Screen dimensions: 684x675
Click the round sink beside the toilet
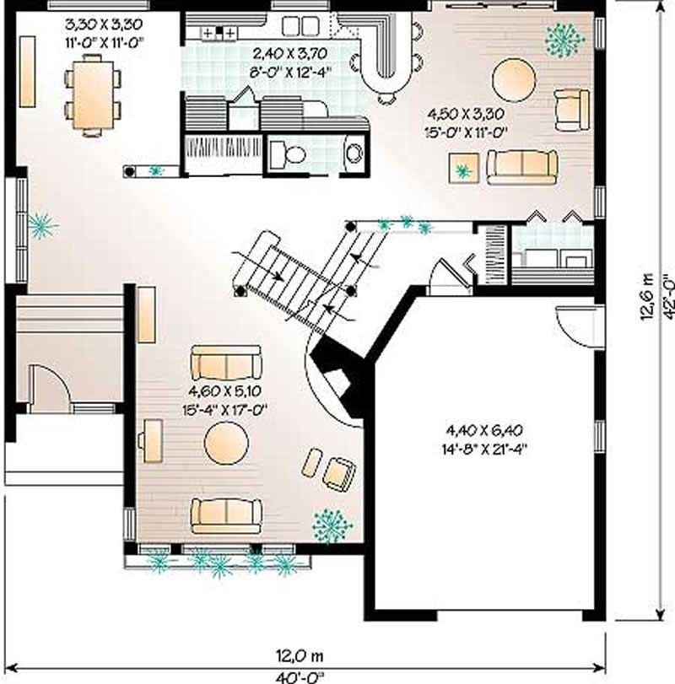[x=355, y=153]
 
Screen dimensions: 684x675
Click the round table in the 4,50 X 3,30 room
[x=513, y=79]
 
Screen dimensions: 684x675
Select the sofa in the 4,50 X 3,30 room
[x=521, y=166]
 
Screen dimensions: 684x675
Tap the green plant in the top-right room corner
[x=564, y=39]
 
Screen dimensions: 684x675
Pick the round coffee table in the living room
[x=226, y=441]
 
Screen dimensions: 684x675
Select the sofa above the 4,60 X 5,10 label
[x=225, y=363]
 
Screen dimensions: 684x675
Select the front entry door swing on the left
[x=42, y=384]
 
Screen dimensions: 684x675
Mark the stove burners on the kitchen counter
[x=222, y=33]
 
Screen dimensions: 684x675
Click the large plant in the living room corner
[x=331, y=525]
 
